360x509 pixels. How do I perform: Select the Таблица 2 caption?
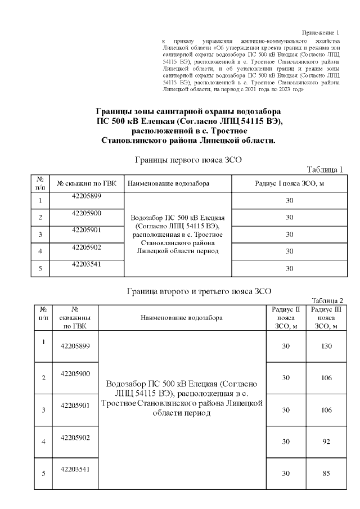point(326,300)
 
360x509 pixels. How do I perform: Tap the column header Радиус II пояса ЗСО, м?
point(285,318)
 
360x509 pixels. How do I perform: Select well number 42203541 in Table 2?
point(75,469)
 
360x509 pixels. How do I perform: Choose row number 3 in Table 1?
point(40,234)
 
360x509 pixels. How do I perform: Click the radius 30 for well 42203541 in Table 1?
point(290,268)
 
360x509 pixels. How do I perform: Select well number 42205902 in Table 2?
point(75,437)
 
